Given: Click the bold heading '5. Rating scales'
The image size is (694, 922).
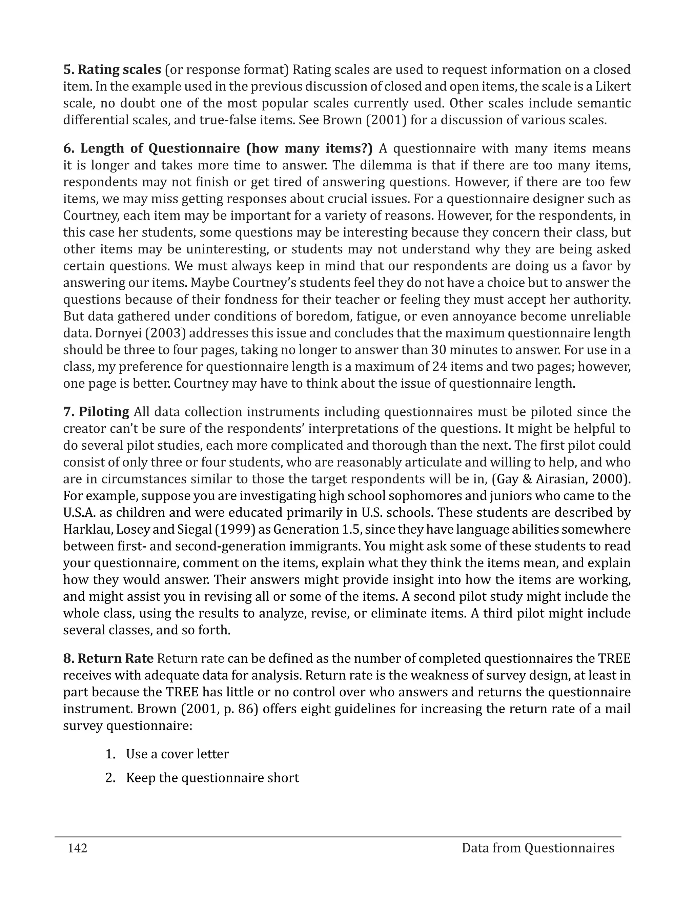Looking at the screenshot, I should (x=112, y=69).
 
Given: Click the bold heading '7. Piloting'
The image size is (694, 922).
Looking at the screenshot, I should (x=96, y=412).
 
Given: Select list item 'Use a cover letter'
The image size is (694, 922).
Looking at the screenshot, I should (x=177, y=754).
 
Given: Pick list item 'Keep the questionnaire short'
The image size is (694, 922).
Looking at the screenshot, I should (x=212, y=778).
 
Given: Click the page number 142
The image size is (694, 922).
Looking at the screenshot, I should (x=78, y=848).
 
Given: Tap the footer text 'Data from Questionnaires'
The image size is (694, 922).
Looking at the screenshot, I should (x=538, y=848).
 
